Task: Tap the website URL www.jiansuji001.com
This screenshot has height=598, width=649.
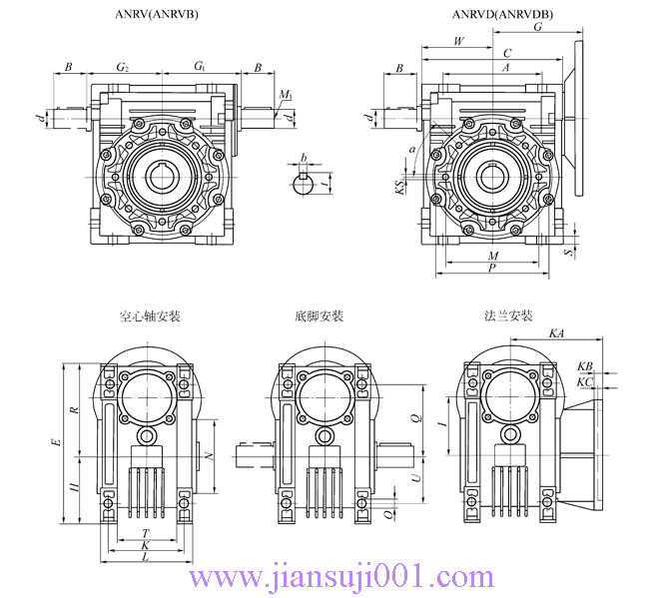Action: click(341, 577)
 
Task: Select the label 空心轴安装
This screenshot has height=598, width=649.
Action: click(150, 316)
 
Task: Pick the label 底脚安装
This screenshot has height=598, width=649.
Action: click(319, 316)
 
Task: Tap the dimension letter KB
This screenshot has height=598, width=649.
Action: click(585, 366)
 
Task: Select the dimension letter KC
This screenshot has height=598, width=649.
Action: click(585, 381)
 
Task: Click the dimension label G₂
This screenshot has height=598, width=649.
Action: click(123, 67)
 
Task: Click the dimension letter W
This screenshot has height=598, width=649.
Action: click(458, 41)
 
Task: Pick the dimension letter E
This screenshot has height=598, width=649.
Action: click(57, 440)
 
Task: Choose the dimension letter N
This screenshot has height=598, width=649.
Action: click(208, 455)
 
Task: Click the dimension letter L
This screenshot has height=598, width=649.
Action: click(146, 559)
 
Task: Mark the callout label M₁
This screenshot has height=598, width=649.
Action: click(286, 96)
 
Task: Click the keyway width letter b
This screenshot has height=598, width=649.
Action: click(305, 157)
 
